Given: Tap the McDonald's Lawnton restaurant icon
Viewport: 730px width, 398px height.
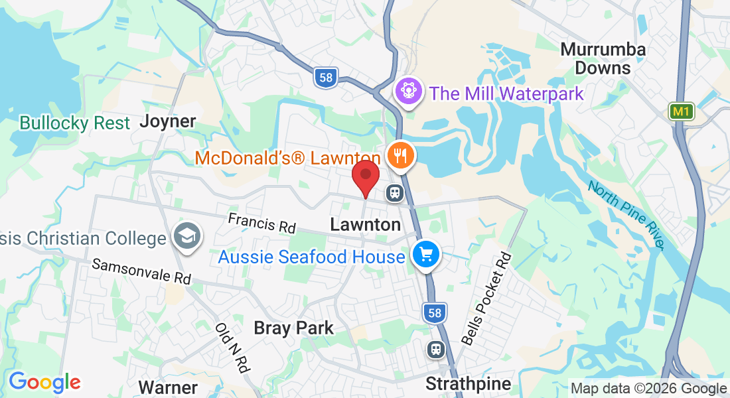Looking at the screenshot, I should point(401,157).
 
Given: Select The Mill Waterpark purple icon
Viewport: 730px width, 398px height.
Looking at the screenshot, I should point(408,91).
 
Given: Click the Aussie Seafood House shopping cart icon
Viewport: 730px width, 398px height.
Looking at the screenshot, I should point(425,255).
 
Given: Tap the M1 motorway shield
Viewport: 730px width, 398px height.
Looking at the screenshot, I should point(681,111).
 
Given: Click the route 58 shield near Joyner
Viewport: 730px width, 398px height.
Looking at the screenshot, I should point(326,78).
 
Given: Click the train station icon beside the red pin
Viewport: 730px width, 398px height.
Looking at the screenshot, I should point(394,193).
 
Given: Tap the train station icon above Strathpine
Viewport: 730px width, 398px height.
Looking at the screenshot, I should point(435,349).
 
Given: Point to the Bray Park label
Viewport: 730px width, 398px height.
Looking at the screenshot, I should point(294,328).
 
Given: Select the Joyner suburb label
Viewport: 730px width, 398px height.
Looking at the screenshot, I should point(168,121).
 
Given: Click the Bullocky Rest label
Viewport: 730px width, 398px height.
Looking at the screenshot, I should point(75,123).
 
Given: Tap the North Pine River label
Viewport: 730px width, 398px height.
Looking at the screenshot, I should point(625,215).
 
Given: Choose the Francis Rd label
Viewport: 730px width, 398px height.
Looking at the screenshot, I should point(261,223).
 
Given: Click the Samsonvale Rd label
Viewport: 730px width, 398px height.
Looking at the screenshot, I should point(141,272).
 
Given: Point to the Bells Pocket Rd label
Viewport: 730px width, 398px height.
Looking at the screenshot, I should point(488,298).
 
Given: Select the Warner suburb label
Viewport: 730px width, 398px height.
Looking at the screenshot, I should point(168,387).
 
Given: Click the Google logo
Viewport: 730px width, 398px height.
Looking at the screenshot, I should point(44,382).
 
